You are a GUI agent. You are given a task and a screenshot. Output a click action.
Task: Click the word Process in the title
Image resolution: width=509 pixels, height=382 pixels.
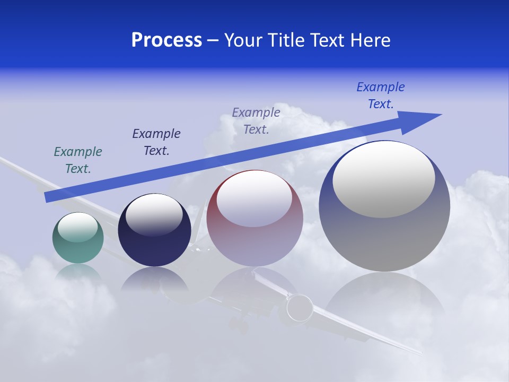click(x=166, y=40)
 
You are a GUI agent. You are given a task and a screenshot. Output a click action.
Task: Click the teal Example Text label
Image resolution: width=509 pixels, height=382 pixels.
click(x=78, y=160)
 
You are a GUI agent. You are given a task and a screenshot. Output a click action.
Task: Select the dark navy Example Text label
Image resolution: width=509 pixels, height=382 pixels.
click(x=156, y=142)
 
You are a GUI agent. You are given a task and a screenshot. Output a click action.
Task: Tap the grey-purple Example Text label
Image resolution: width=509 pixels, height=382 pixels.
click(x=256, y=120)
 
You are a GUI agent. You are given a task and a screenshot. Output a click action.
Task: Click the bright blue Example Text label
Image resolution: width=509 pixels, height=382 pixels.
click(x=381, y=95)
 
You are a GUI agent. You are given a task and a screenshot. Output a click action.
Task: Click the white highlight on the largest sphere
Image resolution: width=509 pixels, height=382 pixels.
click(x=384, y=179)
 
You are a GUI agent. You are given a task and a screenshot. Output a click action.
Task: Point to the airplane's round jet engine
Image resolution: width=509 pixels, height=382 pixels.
click(x=300, y=307)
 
